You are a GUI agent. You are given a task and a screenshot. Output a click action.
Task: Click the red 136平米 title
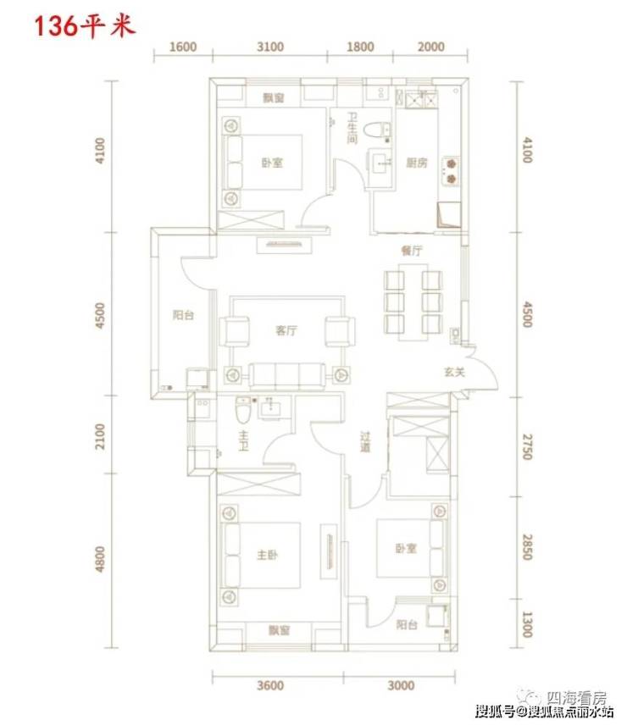(85, 26)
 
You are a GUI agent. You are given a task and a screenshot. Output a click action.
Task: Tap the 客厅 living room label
(286, 330)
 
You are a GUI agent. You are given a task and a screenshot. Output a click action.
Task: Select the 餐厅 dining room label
(411, 251)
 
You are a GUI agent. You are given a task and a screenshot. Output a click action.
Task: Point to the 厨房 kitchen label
(416, 163)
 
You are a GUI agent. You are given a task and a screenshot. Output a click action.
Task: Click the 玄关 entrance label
(454, 372)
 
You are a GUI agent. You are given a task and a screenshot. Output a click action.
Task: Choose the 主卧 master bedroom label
(267, 555)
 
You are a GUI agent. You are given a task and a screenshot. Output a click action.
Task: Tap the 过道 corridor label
(365, 442)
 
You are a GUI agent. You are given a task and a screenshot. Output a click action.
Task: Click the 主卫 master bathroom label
(243, 441)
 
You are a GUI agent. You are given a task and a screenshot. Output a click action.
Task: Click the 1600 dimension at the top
(183, 47)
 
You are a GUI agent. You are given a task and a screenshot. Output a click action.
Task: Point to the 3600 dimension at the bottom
(270, 685)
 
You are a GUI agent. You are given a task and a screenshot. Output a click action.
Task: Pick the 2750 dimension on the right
(527, 446)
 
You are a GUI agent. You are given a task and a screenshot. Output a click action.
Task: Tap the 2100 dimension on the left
(100, 436)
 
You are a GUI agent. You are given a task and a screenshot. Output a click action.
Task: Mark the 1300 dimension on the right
(527, 624)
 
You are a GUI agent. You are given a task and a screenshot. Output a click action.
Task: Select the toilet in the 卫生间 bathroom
(377, 130)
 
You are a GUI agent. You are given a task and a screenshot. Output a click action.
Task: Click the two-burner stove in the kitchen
(452, 171)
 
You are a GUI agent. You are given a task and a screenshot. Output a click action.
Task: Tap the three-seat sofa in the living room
(286, 375)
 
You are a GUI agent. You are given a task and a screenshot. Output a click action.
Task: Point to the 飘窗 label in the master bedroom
(279, 630)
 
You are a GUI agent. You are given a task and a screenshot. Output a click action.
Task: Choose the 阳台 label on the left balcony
(183, 315)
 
